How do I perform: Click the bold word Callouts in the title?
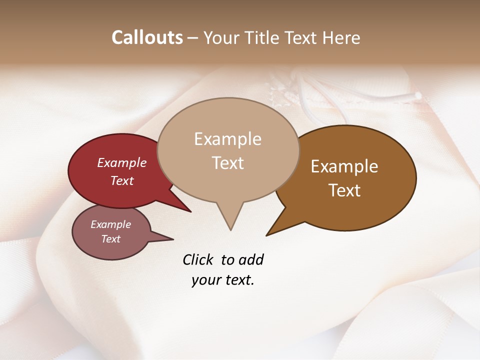147,37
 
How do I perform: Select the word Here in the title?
341,37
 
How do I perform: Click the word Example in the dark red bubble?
122,162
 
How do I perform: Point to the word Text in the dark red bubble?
122,180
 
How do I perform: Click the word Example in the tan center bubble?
227,139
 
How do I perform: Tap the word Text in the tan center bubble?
227,163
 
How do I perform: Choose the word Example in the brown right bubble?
344,166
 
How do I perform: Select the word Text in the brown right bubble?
344,190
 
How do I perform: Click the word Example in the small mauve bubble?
111,224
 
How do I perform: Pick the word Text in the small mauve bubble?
111,239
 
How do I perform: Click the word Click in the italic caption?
198,259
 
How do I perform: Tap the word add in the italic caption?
251,259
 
